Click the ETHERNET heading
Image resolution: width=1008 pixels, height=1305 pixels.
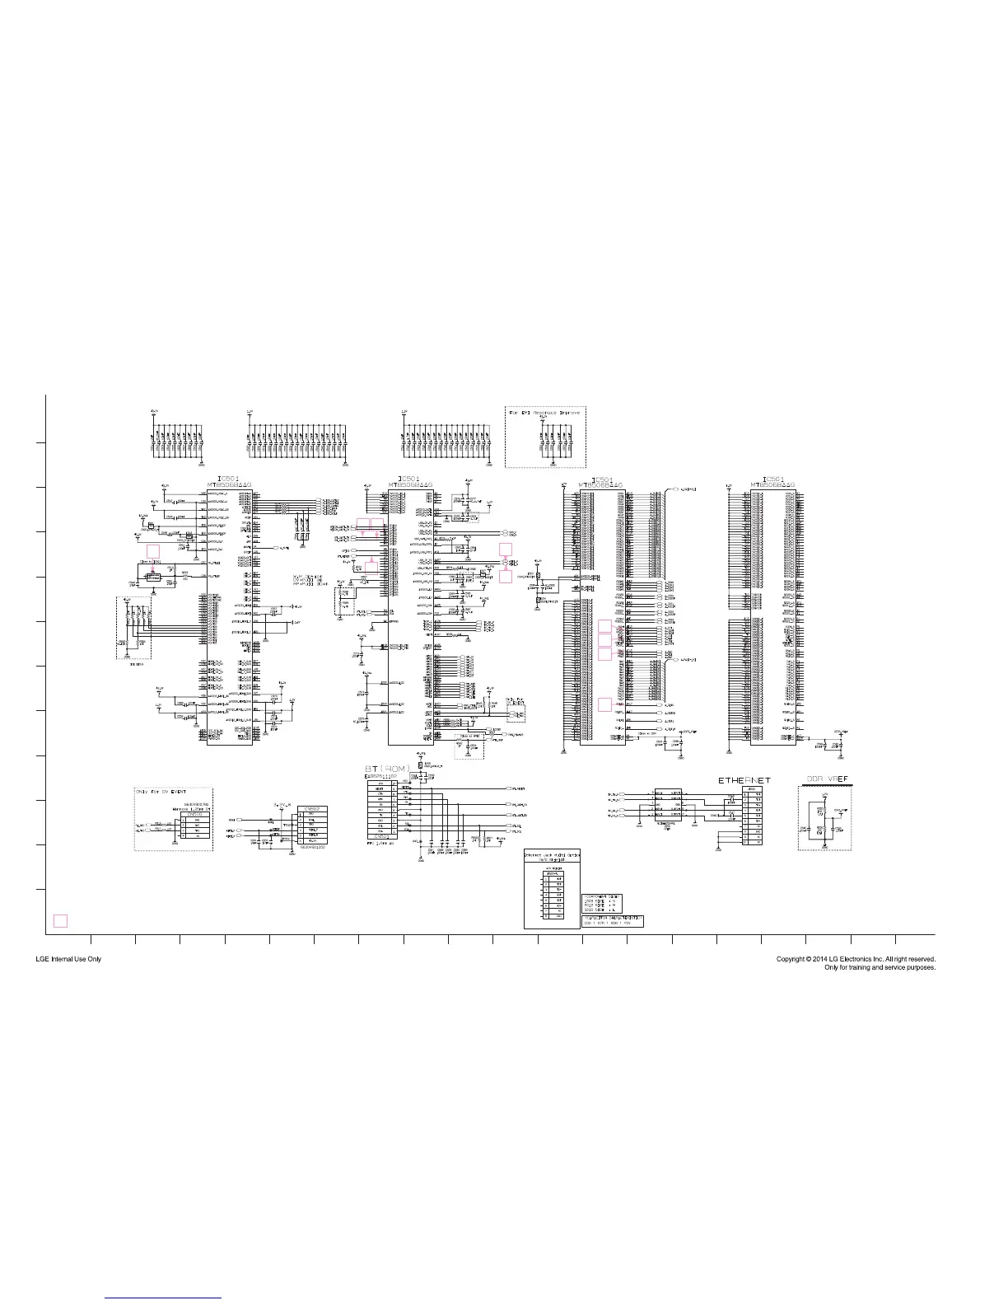point(744,779)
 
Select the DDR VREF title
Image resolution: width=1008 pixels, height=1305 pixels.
point(826,779)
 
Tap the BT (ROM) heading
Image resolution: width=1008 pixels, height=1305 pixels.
point(387,769)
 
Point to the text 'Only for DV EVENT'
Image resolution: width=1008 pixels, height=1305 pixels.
point(162,792)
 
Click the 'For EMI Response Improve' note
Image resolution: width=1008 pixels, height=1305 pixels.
point(545,411)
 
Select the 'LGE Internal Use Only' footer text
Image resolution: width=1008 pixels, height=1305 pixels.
point(68,959)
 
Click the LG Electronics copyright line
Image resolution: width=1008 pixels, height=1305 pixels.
point(856,959)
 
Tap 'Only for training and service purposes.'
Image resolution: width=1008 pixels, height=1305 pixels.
point(880,967)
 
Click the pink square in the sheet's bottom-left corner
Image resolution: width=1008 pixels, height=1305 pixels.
point(60,920)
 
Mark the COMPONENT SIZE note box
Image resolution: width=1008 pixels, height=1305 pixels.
point(602,900)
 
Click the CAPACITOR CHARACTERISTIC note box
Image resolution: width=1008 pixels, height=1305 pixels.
point(613,920)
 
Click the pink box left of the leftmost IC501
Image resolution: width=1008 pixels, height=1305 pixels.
point(152,550)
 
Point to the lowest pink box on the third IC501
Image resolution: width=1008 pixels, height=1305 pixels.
point(604,704)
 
